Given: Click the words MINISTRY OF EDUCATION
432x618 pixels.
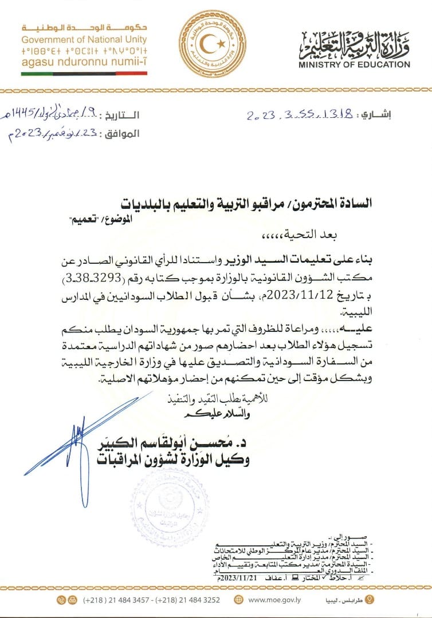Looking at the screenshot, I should coord(354,65).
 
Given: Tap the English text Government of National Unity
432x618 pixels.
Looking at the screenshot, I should coord(84,39).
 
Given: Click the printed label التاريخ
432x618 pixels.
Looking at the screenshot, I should coord(123,114).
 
